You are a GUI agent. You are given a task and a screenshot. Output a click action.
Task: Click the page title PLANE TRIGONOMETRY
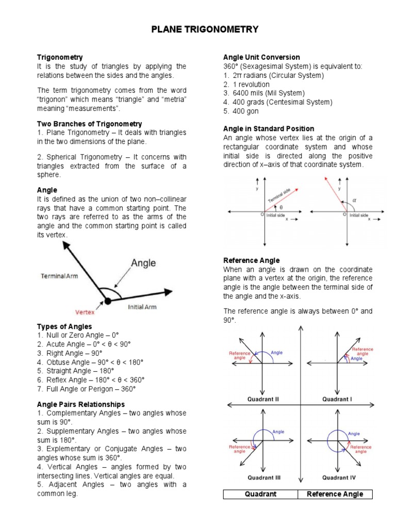[x=205, y=30]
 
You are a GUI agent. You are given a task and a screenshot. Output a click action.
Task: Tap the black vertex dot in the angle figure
[x=107, y=301]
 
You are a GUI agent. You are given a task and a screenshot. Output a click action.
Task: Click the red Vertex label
[x=85, y=311]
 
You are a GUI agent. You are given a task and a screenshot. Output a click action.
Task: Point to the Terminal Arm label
[x=59, y=276]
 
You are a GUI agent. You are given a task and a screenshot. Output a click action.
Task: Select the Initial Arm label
[x=143, y=307]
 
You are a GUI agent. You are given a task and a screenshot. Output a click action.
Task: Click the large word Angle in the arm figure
[x=143, y=263]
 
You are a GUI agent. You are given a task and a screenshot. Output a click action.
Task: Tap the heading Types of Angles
[x=64, y=326]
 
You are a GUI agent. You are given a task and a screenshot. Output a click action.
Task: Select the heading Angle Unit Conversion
[x=261, y=57]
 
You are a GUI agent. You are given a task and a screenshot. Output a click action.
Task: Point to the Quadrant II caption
[x=263, y=399]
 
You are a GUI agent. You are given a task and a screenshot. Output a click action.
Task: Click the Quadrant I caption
[x=337, y=399]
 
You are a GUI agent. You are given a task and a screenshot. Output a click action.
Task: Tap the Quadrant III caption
[x=263, y=477]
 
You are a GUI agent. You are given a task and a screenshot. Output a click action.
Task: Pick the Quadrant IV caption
[x=338, y=477]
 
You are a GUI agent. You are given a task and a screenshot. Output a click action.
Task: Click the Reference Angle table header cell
[x=335, y=494]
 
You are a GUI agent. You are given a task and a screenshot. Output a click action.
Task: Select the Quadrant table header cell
[x=260, y=494]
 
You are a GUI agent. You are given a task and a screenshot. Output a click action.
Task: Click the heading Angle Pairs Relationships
[x=81, y=404]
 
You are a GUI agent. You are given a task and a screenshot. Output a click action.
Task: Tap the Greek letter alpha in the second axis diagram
[x=354, y=200]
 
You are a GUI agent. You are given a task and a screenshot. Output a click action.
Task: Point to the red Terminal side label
[x=279, y=196]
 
